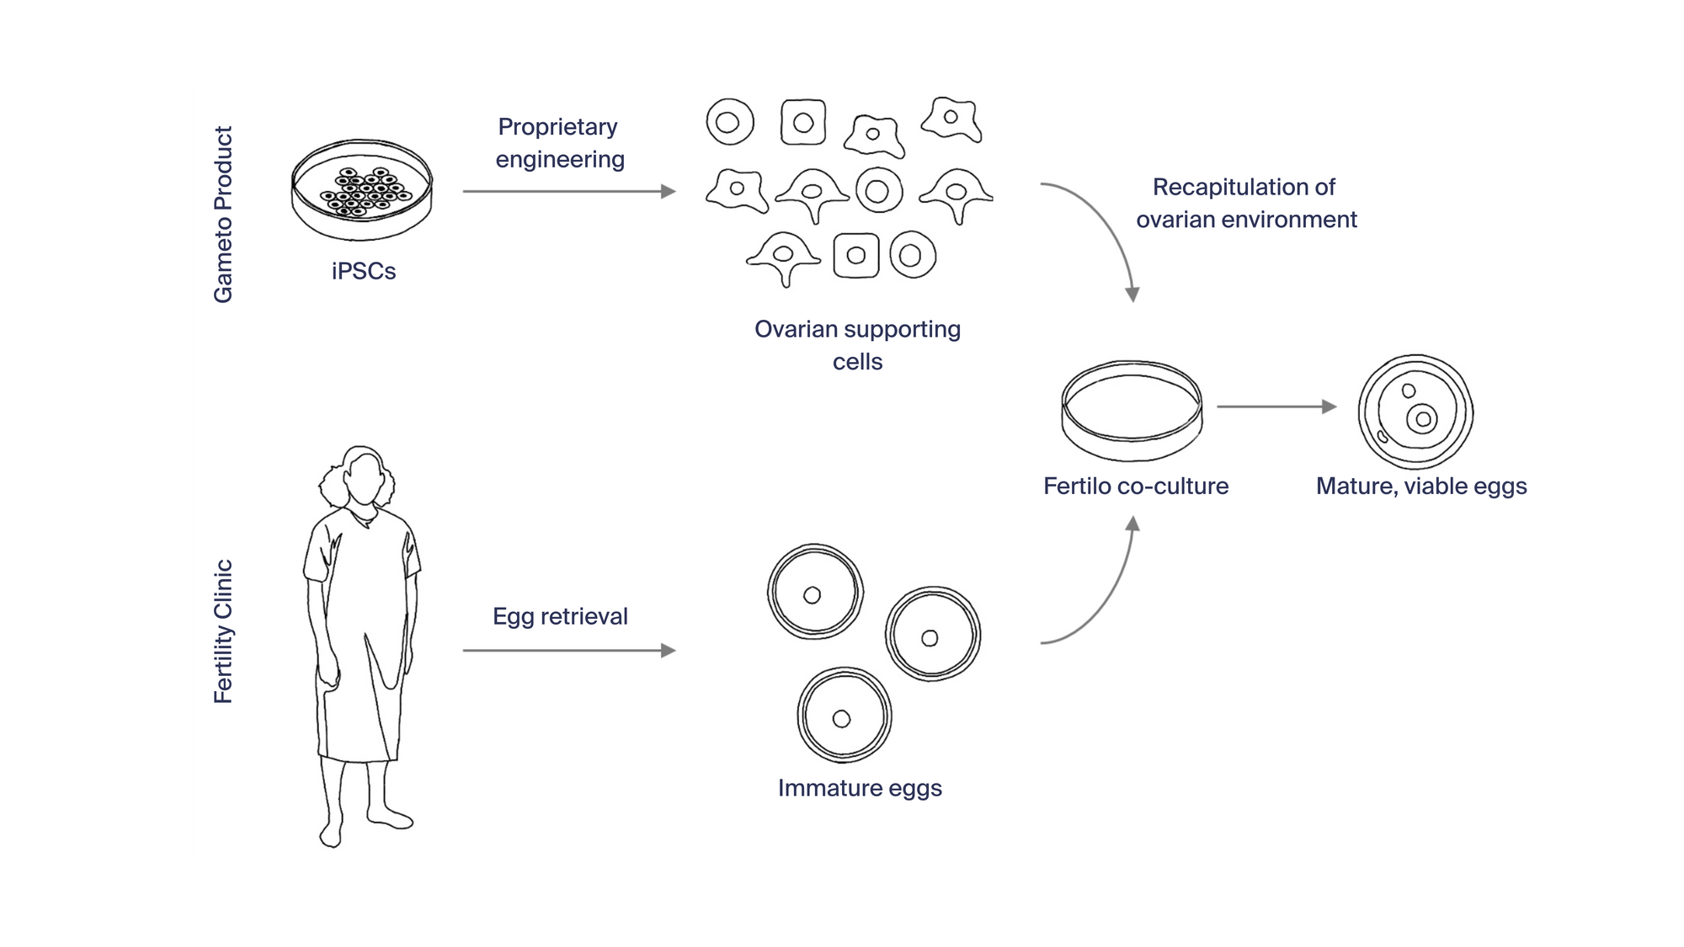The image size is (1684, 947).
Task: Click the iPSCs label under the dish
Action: pos(363,271)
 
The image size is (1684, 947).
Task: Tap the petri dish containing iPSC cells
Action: pos(362,190)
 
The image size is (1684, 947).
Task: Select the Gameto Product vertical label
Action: pos(223,215)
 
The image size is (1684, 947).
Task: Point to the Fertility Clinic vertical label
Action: pos(223,631)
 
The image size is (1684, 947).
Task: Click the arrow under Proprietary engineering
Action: pos(569,192)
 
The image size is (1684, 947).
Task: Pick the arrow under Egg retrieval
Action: pos(569,651)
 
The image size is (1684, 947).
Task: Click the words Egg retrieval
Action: pos(560,616)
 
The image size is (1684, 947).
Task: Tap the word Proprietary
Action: pos(557,127)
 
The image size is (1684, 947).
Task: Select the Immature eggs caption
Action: pos(860,788)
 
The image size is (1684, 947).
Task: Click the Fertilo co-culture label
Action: pos(1136,486)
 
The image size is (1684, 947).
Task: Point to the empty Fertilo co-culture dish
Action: pos(1132,412)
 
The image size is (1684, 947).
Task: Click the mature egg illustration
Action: pos(1415,412)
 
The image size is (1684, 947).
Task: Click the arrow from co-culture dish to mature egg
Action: pos(1276,407)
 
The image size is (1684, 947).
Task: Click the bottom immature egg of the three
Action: pos(844,716)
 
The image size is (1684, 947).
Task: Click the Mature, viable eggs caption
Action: pos(1421,487)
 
